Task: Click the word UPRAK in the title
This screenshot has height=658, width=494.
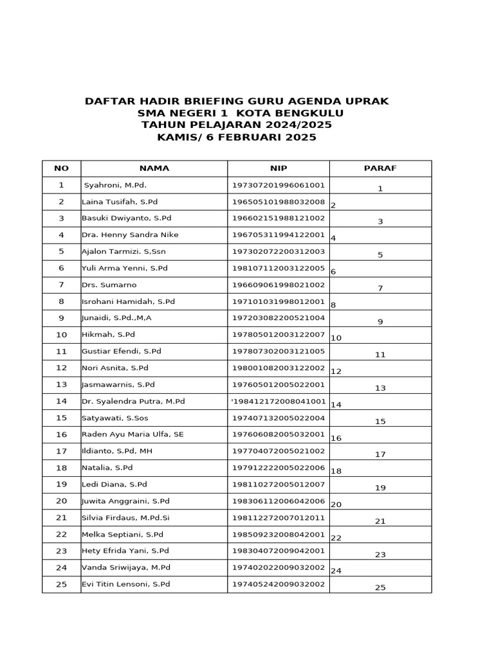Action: pos(365,102)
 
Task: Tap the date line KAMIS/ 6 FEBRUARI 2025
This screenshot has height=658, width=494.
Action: pos(237,138)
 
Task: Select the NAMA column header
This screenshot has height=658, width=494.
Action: pos(154,168)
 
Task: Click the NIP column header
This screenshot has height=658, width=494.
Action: pos(279,168)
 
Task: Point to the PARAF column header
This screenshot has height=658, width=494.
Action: pos(380,168)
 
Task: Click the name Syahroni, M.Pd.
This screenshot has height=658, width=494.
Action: pos(115,185)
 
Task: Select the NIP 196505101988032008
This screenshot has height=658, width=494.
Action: pos(279,202)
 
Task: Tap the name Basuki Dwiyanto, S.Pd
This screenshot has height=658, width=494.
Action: pos(126,218)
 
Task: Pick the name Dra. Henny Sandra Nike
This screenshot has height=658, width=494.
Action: pos(130,235)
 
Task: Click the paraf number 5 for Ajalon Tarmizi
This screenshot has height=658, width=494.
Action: pos(380,255)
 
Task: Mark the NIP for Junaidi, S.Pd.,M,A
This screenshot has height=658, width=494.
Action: pos(279,318)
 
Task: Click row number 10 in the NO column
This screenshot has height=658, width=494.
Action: pos(61,335)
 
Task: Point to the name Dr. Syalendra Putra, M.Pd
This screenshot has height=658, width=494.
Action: pos(133,401)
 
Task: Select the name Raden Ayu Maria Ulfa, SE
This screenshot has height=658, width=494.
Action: pos(133,434)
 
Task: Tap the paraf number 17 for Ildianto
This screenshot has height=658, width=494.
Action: pos(380,454)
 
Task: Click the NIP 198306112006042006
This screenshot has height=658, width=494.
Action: pos(279,501)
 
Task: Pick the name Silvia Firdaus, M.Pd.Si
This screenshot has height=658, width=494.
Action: pos(125,517)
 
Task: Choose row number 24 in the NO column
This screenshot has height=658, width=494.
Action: pos(61,567)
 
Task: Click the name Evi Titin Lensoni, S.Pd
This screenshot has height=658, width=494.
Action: pos(125,584)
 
